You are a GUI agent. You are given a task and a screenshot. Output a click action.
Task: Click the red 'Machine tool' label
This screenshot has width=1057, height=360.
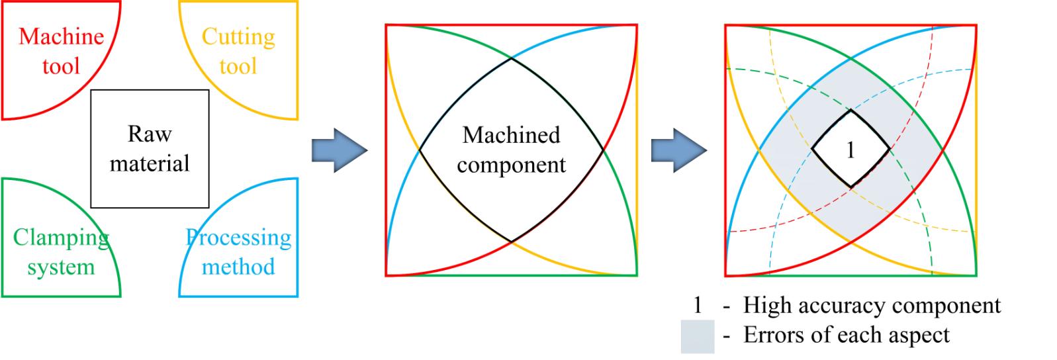point(61,51)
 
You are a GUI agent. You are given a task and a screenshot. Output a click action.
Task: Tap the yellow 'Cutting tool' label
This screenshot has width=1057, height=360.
point(238,51)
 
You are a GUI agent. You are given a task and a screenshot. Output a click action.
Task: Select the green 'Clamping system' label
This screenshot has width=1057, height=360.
point(61,252)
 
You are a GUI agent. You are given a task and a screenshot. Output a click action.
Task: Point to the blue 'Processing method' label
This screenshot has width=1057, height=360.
point(238,252)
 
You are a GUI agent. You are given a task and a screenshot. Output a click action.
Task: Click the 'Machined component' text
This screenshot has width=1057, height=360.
point(511,150)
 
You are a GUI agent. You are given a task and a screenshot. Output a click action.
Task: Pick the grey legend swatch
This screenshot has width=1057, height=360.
point(698,336)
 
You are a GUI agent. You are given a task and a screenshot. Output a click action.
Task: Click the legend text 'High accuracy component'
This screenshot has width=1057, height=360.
point(872,306)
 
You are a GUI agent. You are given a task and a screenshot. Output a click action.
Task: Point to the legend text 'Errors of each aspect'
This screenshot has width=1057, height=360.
point(847,335)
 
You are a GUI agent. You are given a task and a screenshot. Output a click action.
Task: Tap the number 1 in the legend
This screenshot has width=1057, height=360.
point(697,306)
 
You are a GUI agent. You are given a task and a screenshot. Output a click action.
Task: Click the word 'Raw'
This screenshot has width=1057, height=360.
point(150,134)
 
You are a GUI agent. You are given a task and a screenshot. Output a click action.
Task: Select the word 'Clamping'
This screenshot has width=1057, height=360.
point(61,238)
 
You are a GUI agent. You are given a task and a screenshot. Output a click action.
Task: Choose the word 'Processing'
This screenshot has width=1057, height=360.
point(238,238)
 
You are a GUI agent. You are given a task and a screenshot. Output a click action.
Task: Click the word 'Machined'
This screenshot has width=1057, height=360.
point(511,135)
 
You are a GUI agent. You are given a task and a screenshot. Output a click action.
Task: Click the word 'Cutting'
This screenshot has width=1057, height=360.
point(238,36)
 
